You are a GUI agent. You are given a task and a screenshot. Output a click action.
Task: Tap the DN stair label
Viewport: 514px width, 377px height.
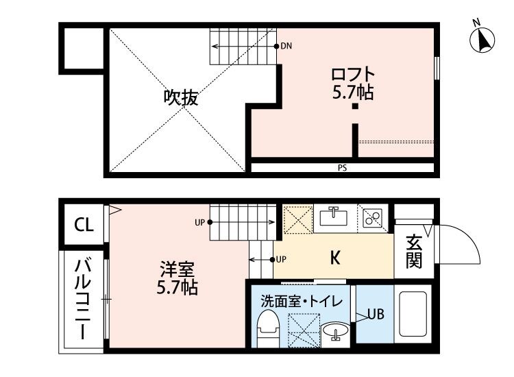click(x=286, y=47)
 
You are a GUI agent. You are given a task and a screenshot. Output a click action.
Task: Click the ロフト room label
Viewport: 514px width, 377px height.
click(x=353, y=73)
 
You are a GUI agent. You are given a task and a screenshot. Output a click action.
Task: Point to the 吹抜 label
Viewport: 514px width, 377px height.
click(x=181, y=98)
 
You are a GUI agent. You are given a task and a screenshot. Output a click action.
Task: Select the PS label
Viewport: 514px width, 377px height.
click(x=341, y=167)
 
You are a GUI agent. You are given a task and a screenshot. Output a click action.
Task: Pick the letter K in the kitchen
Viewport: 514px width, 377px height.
click(x=335, y=258)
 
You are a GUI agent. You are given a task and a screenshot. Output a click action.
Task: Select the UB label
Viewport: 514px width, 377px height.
click(x=375, y=315)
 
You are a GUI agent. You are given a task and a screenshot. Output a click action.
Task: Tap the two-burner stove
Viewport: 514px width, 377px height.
click(x=373, y=218)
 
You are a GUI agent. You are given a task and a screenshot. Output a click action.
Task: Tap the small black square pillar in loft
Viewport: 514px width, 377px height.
click(x=355, y=106)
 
